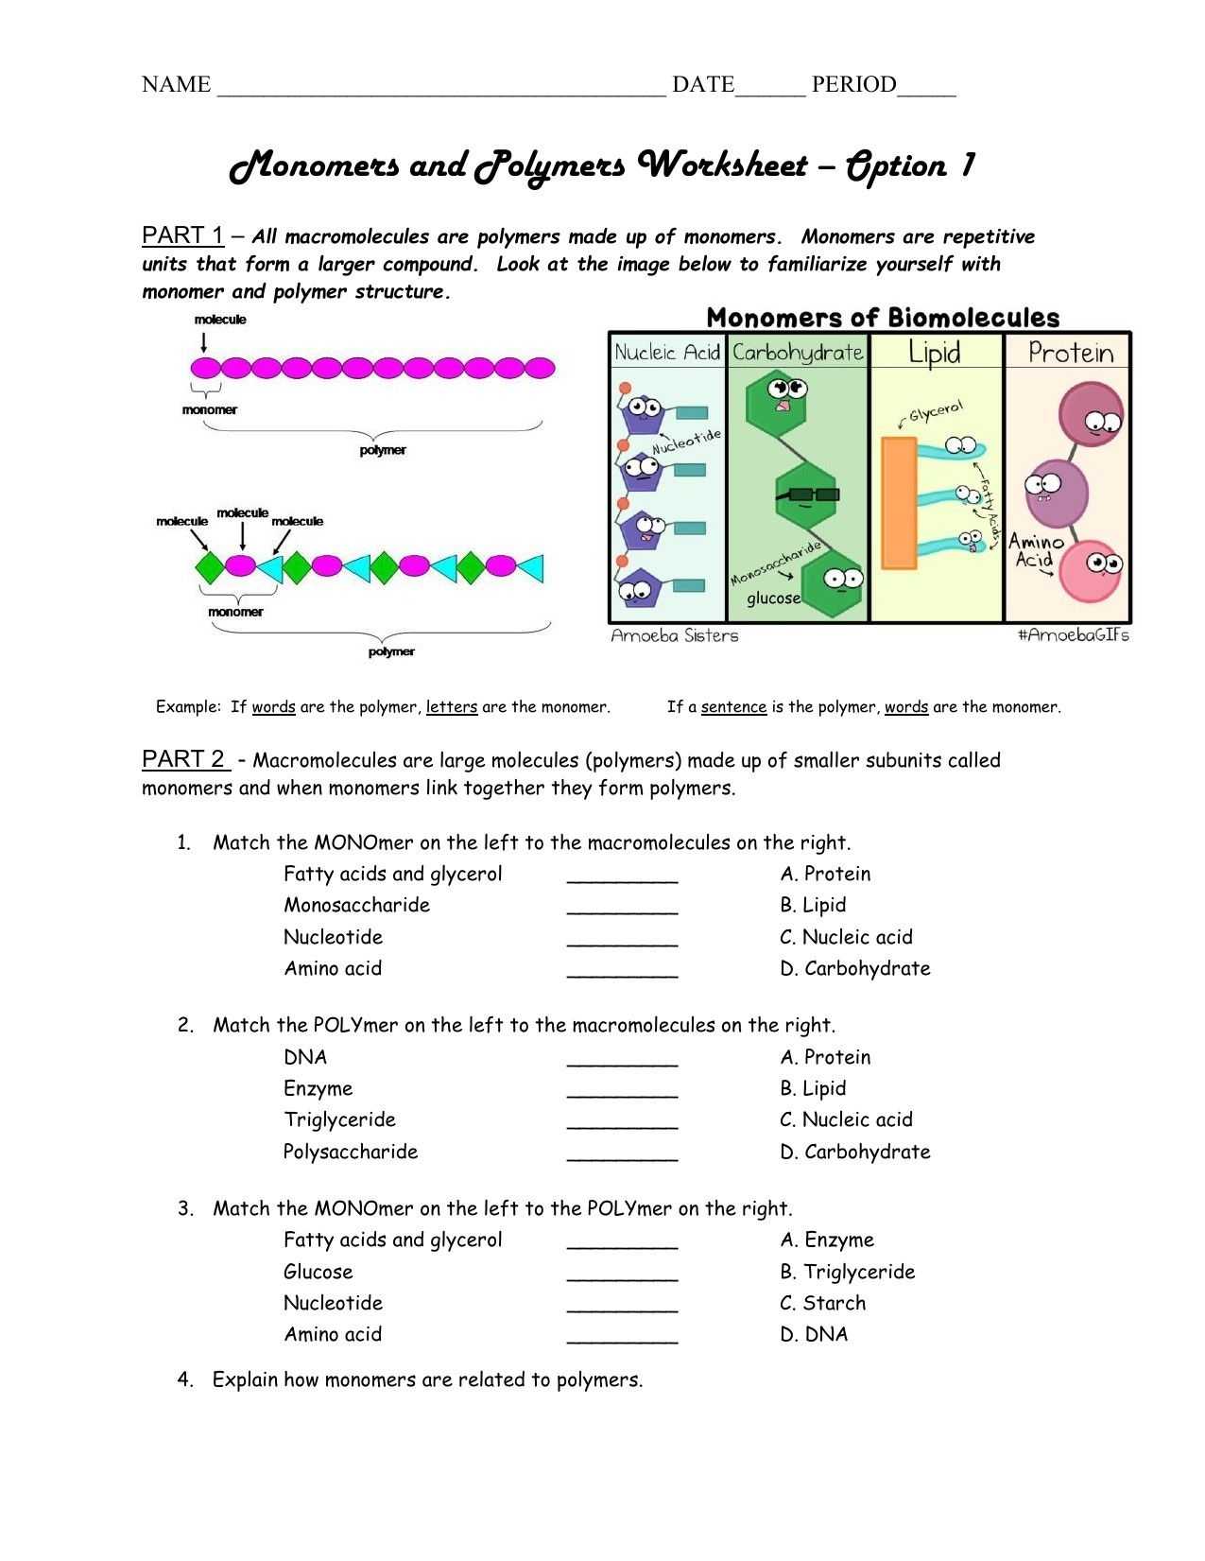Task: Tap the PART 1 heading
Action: point(182,234)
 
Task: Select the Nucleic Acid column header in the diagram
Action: point(667,353)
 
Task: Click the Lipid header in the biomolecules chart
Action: point(934,353)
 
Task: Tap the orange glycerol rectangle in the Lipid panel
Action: point(898,502)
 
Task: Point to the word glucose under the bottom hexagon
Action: point(773,598)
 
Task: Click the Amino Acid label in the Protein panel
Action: point(1035,550)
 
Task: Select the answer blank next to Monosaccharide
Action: point(622,907)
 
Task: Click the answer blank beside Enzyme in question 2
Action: point(622,1090)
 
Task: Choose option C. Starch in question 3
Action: point(822,1303)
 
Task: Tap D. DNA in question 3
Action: point(814,1334)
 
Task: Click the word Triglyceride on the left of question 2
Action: point(339,1119)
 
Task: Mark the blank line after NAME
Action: point(441,86)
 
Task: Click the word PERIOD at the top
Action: point(853,84)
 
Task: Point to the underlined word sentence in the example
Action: point(733,707)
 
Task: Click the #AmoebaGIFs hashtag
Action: point(1073,635)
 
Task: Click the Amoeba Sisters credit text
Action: point(674,635)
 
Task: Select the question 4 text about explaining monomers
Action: point(427,1379)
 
